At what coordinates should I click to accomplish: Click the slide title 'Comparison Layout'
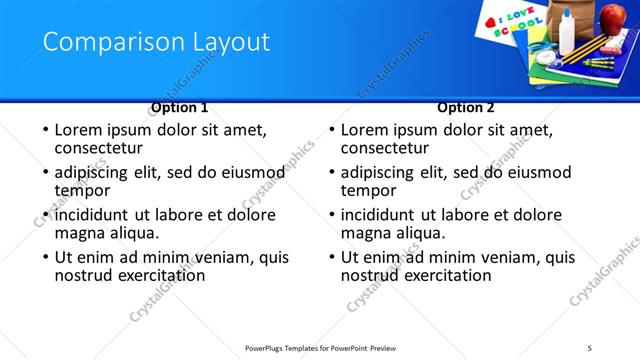click(x=156, y=42)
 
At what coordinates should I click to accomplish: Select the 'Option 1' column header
click(x=180, y=107)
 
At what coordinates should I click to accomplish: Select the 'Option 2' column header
click(x=466, y=107)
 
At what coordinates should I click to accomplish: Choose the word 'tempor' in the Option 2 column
click(x=367, y=189)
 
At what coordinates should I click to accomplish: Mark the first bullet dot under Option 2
click(x=331, y=130)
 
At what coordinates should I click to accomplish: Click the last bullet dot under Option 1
click(x=45, y=258)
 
